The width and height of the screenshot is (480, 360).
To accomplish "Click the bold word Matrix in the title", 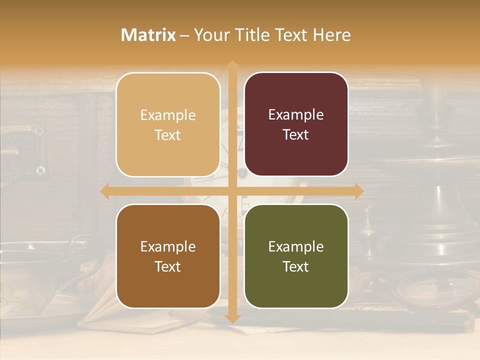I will click(148, 35).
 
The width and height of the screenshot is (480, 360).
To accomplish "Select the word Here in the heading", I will click(331, 35).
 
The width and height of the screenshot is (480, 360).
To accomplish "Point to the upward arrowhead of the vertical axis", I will click(232, 65).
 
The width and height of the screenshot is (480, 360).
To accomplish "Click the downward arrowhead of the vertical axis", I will click(232, 318).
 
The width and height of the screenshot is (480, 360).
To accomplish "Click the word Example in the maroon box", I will click(296, 115).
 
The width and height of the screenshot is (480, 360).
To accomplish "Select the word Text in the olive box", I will click(296, 266).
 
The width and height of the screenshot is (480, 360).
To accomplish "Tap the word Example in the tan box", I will click(168, 115).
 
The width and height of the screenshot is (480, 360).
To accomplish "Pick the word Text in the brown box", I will click(168, 266).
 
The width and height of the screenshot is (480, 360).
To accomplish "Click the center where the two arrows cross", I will click(232, 191).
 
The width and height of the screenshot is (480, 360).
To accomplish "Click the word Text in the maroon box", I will click(296, 134).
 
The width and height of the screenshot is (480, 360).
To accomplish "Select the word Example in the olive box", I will click(296, 246).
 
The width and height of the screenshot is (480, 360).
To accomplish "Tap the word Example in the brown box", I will click(168, 246).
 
